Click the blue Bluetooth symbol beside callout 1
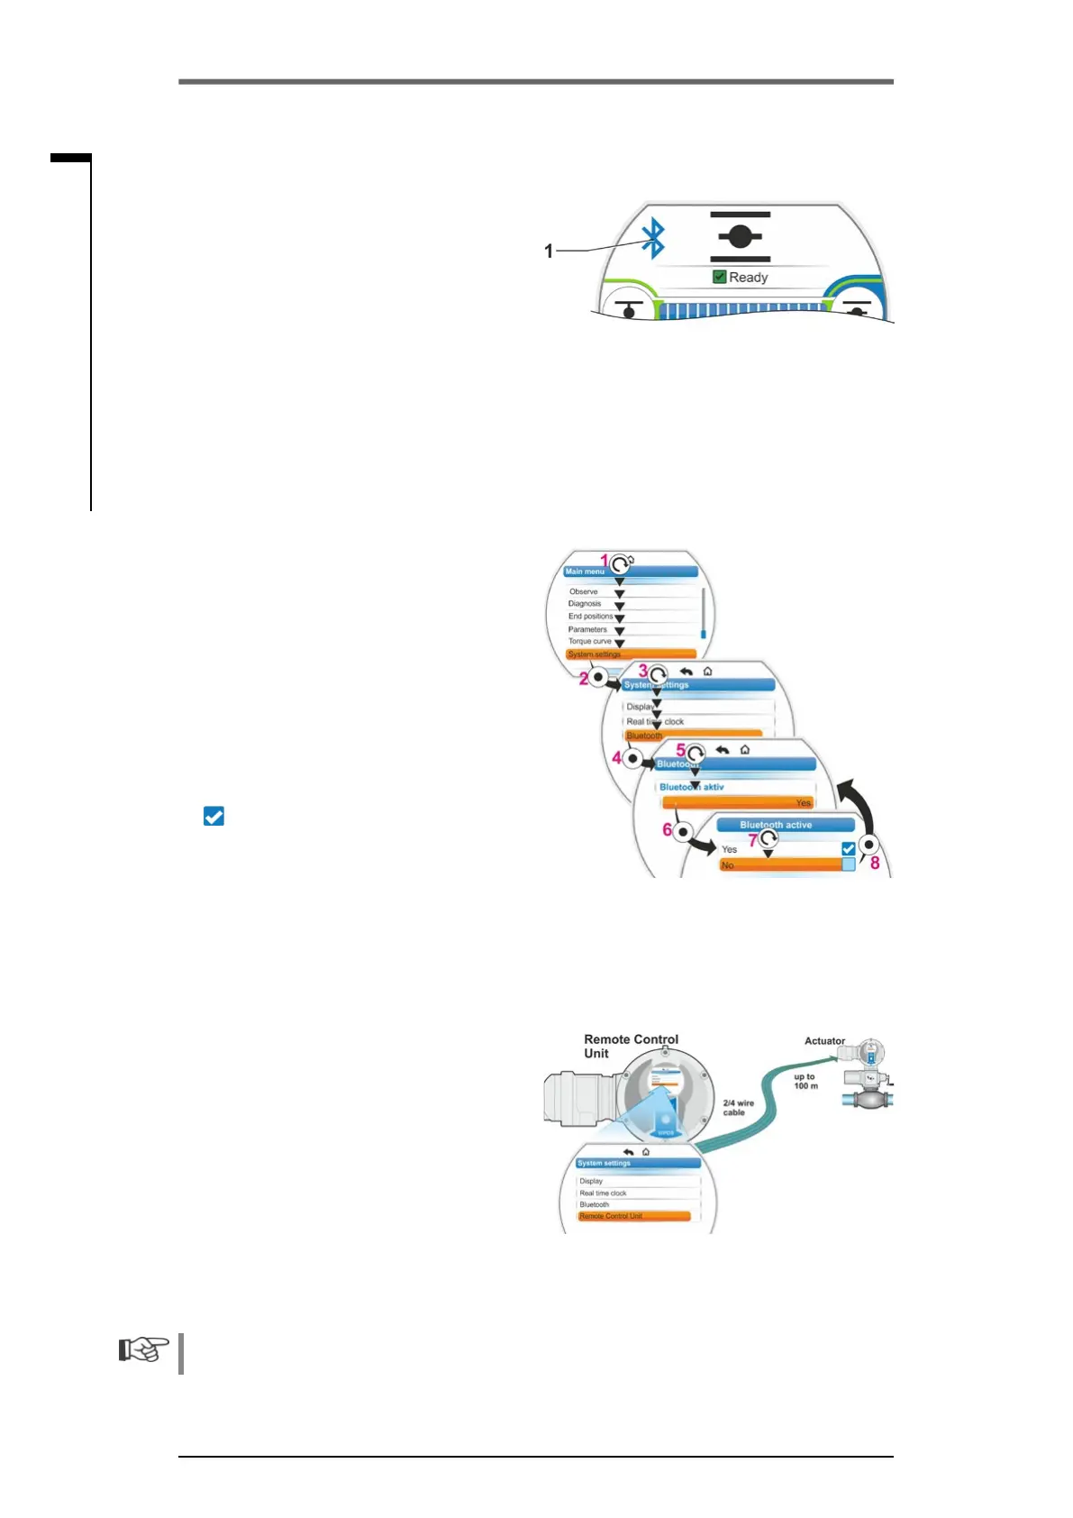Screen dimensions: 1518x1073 (x=653, y=239)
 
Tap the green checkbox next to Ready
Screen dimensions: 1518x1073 (x=719, y=277)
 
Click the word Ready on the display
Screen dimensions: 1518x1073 (x=749, y=278)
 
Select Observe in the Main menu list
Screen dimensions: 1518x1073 (x=583, y=591)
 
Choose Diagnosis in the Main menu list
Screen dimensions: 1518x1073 (x=584, y=604)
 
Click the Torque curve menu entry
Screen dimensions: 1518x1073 (x=589, y=641)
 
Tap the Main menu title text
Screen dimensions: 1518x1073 (x=585, y=572)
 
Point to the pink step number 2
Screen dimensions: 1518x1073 (x=583, y=679)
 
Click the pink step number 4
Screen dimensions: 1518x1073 (x=617, y=758)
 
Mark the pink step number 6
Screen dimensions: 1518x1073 (x=668, y=829)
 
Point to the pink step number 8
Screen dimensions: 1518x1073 (x=875, y=864)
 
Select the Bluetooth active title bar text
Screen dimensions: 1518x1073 (x=776, y=825)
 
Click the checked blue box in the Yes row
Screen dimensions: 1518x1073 (x=848, y=848)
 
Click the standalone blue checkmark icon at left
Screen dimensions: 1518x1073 (x=214, y=816)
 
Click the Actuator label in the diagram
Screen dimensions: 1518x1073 (x=824, y=1041)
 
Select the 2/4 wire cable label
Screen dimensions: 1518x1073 (x=738, y=1108)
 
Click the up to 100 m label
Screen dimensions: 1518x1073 (x=805, y=1081)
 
